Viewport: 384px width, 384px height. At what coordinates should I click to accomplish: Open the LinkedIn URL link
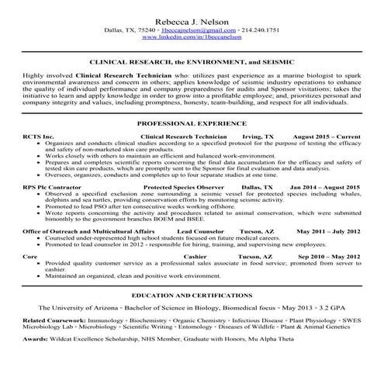[x=192, y=37]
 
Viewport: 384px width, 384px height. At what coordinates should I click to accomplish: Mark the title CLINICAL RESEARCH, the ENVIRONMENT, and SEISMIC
[x=192, y=61]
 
